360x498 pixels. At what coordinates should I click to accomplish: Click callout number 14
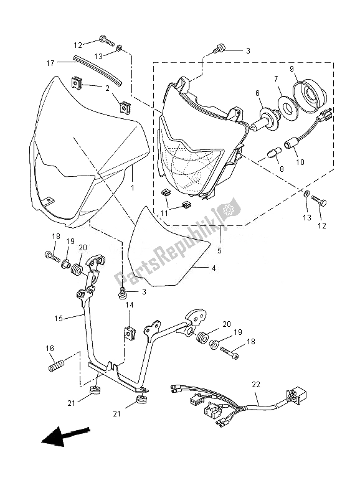coord(130,305)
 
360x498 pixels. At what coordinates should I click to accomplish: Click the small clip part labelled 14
coord(130,332)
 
